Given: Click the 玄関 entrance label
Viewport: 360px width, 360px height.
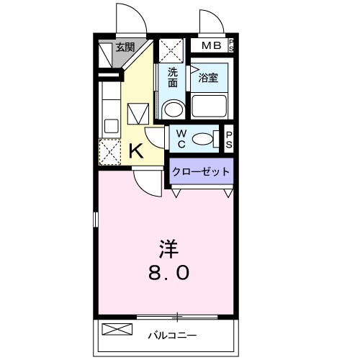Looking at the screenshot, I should [125, 48].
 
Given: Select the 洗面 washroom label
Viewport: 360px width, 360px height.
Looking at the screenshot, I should [173, 78].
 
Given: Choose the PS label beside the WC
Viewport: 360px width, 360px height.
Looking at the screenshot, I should [229, 138].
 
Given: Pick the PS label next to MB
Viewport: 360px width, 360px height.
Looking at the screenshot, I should [231, 47].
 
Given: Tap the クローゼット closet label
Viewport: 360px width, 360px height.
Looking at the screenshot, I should [201, 172].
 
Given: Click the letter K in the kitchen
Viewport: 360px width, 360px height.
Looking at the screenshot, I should [135, 151].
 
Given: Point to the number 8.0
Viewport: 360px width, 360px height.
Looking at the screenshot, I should [170, 274].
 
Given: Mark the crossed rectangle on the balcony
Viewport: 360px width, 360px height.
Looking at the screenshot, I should [117, 330].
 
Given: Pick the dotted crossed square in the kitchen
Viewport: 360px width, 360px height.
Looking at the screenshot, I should [109, 152].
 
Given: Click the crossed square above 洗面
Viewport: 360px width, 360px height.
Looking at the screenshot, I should [171, 50].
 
